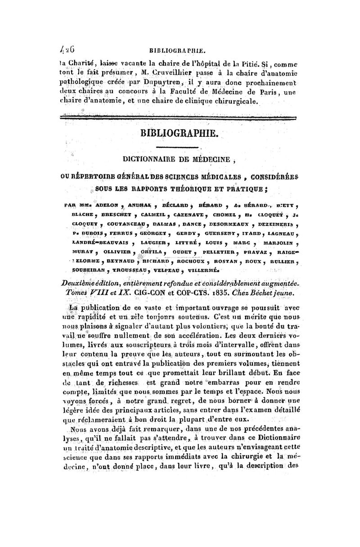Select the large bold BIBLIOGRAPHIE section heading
coord(180,134)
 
